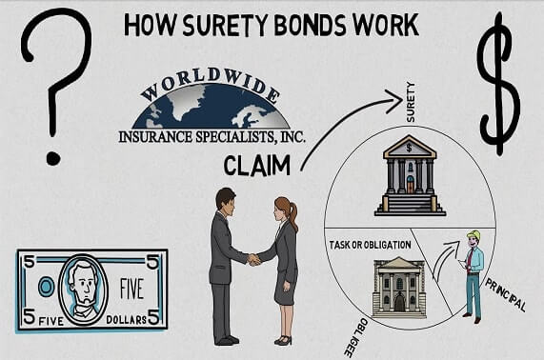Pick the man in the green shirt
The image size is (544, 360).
pyautogui.click(x=473, y=271)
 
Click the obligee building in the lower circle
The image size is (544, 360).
pyautogui.click(x=397, y=287)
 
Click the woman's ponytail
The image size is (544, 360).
pyautogui.click(x=294, y=217)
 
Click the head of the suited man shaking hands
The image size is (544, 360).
pyautogui.click(x=225, y=201)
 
